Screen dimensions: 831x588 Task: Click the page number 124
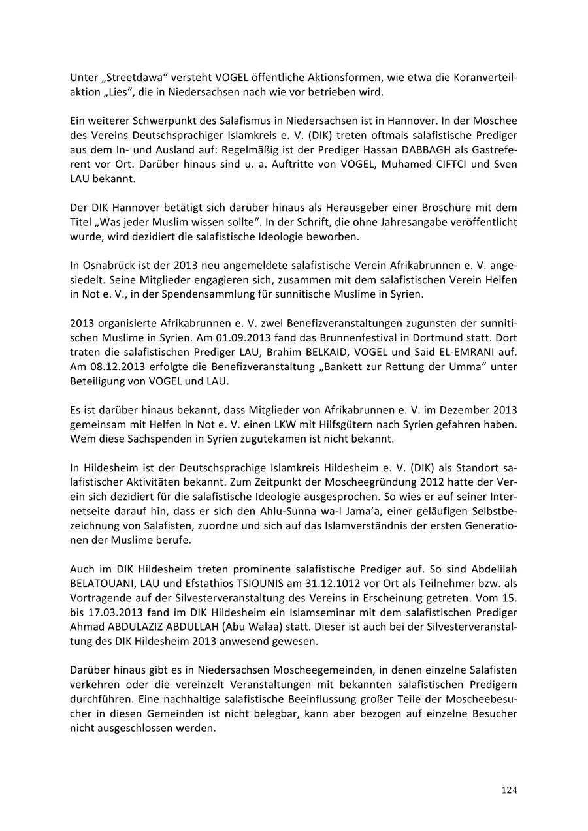(509, 791)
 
